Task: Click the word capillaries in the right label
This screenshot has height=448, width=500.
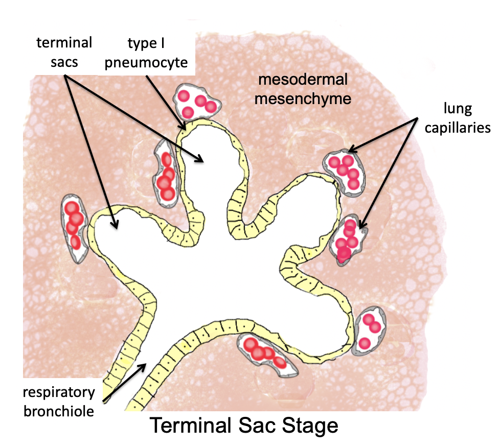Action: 464,128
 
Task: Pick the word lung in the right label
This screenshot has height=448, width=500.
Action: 464,110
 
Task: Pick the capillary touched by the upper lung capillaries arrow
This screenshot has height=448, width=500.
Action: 345,171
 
